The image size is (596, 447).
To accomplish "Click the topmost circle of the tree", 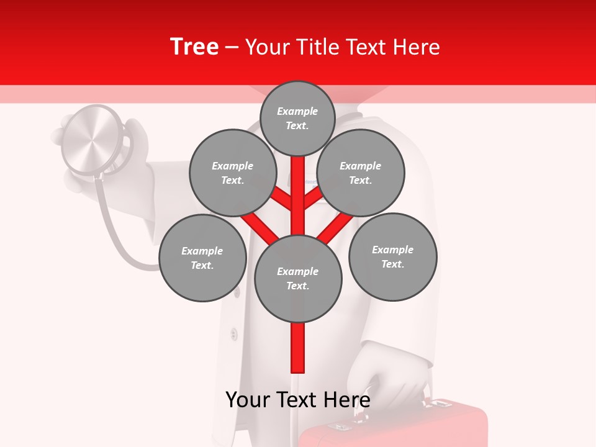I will click(x=297, y=119).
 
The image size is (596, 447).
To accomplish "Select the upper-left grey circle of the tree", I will click(x=233, y=173).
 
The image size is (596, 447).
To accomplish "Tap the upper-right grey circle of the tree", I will click(x=361, y=173).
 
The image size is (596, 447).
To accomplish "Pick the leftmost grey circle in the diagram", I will click(x=202, y=258).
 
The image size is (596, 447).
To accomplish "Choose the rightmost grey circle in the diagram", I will click(x=393, y=257).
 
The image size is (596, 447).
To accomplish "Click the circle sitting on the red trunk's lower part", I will click(x=298, y=279).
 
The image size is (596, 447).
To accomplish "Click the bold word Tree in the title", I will click(x=194, y=47).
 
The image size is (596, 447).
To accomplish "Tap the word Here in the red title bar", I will click(x=415, y=47).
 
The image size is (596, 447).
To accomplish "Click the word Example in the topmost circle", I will click(x=297, y=112).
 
